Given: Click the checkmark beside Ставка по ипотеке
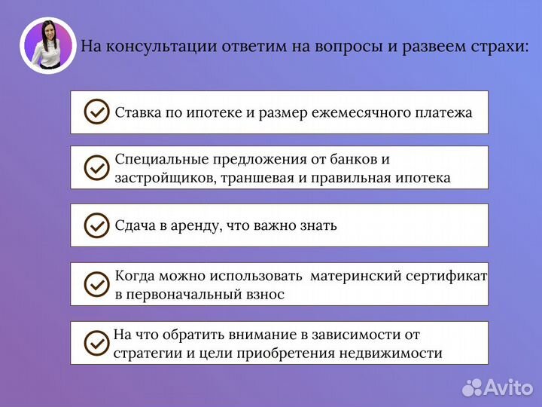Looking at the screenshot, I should point(96,112).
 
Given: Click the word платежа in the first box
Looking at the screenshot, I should point(443,113).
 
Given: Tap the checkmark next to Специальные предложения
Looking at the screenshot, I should point(96,168).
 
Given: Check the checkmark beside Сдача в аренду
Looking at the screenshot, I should point(96,225).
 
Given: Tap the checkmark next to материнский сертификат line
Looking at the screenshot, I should point(96,283).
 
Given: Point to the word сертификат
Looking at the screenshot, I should point(446,276).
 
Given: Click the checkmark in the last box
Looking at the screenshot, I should point(96,342).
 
